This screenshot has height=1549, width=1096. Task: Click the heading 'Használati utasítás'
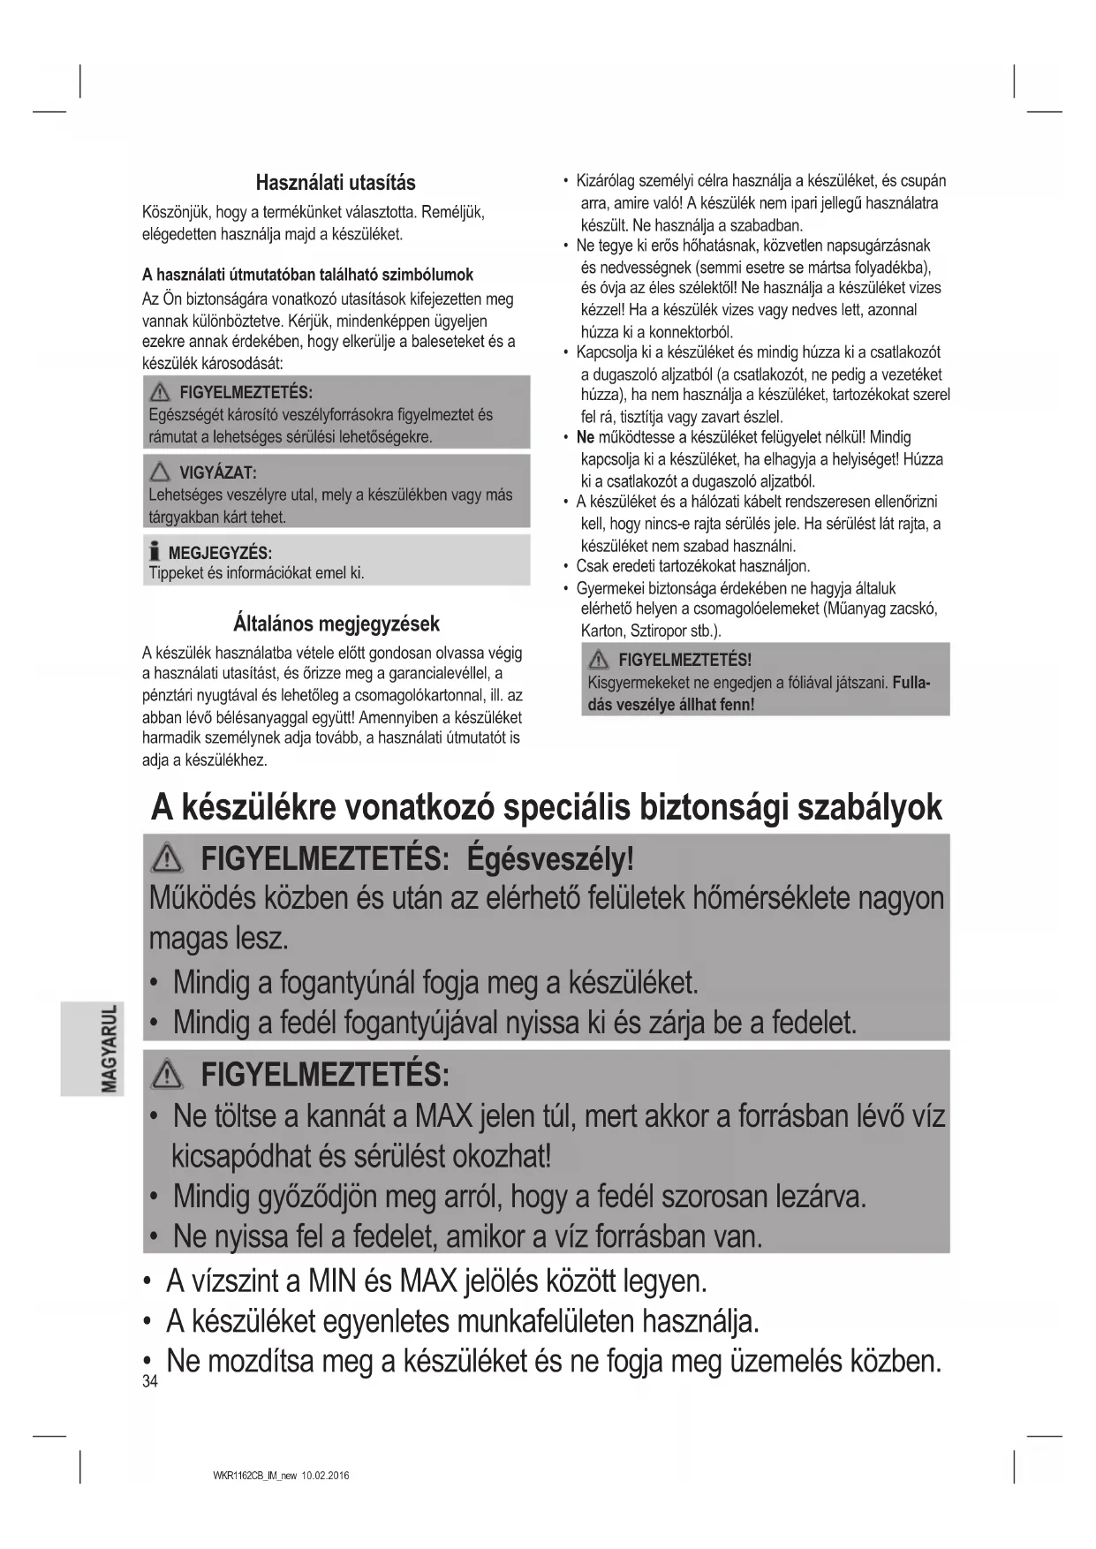[x=336, y=183]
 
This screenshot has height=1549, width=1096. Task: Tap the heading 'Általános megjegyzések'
[x=336, y=623]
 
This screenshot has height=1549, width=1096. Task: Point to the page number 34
[x=149, y=1382]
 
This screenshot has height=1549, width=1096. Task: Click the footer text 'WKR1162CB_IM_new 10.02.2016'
[x=276, y=1476]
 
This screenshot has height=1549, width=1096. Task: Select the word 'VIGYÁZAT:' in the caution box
[x=218, y=472]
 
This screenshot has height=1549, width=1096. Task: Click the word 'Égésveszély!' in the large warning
[x=550, y=858]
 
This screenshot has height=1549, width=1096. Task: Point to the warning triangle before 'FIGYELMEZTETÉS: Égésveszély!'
[x=168, y=858]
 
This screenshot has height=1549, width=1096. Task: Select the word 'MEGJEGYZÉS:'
[x=220, y=553]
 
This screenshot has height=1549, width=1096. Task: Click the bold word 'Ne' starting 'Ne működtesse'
[x=586, y=437]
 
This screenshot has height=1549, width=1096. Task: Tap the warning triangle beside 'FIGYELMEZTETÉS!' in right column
[x=600, y=659]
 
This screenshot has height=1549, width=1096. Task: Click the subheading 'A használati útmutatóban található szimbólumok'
[x=307, y=275]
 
